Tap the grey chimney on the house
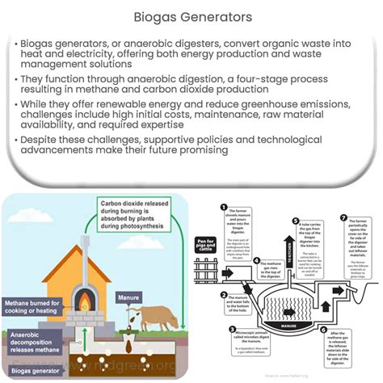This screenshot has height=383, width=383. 84,250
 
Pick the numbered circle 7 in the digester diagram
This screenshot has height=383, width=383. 345,217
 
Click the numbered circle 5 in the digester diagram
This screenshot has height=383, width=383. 297,219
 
